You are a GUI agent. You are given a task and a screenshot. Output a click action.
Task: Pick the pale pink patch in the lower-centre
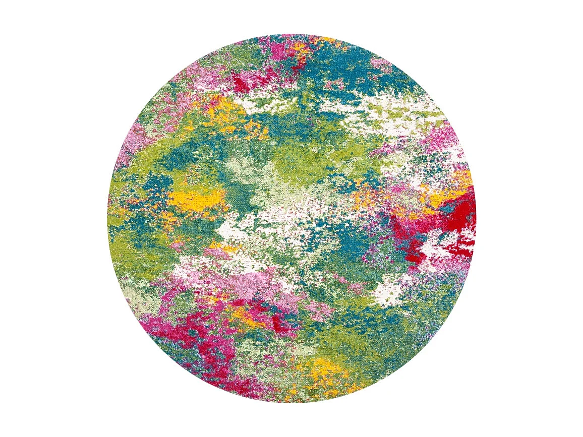[x=252, y=280]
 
